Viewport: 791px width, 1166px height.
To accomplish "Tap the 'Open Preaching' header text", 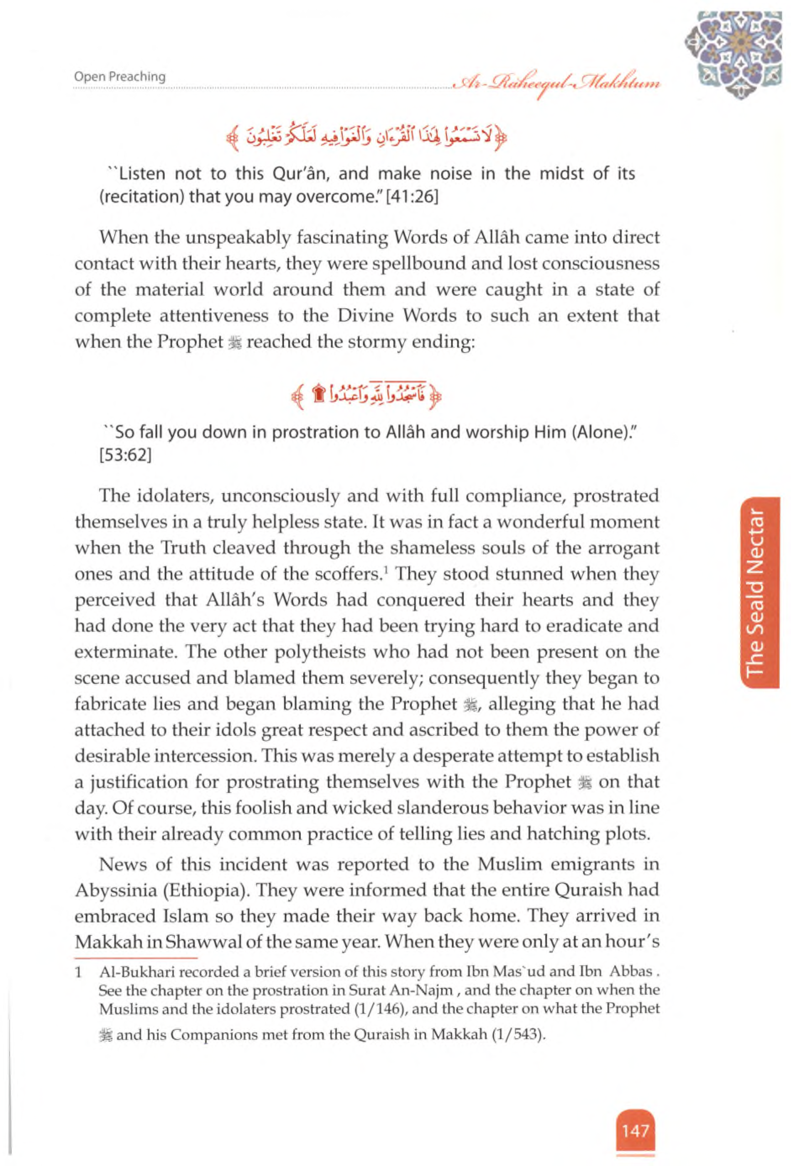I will coord(119,77).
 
